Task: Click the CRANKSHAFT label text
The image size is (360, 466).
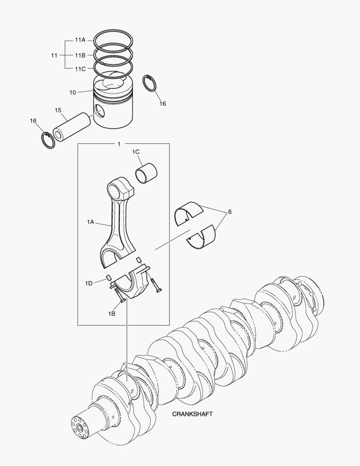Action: click(192, 414)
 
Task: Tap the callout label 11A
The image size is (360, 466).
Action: click(80, 40)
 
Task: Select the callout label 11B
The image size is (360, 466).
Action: click(80, 55)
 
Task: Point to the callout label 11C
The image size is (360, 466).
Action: click(80, 69)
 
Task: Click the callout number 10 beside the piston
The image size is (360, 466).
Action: click(72, 92)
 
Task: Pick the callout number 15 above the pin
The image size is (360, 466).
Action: click(58, 110)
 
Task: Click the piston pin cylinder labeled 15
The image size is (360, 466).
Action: click(72, 126)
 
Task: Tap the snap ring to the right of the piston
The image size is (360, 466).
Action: click(150, 83)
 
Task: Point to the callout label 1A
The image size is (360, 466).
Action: click(90, 222)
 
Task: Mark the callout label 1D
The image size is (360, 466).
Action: click(89, 283)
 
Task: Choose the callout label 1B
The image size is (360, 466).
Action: click(111, 314)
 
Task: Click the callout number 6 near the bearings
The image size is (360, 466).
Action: click(230, 212)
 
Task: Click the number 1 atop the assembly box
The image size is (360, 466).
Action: click(119, 144)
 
